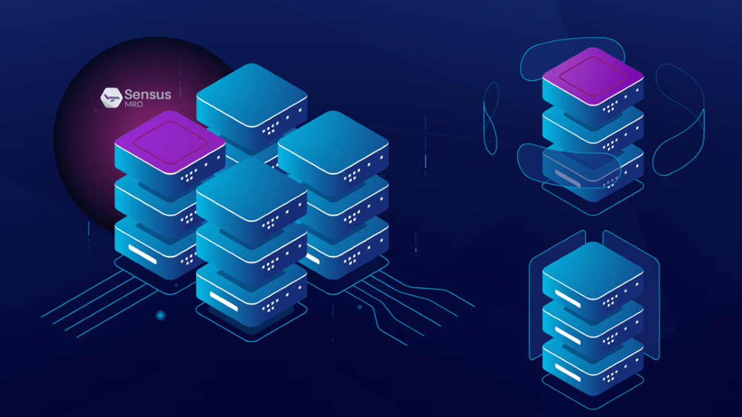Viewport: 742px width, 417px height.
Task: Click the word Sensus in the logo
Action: point(148,95)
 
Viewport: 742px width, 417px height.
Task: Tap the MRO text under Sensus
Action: point(134,104)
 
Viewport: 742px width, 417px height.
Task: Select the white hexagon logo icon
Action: point(111,98)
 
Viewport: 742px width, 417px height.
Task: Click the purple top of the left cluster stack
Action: point(170,142)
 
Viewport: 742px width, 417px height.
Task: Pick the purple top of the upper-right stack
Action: point(593,77)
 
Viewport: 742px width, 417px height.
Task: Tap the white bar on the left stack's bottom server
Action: point(142,254)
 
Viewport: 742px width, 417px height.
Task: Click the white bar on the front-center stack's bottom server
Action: point(224,301)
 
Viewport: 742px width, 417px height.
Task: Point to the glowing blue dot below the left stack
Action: point(161,316)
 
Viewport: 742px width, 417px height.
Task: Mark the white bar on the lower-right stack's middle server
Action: point(568,335)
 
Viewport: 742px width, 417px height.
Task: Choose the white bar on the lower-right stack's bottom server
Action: point(568,373)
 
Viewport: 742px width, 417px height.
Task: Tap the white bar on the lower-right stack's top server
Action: point(568,298)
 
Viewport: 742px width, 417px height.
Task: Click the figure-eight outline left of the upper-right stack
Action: point(491,118)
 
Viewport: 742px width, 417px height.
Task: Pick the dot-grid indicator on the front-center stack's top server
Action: point(270,224)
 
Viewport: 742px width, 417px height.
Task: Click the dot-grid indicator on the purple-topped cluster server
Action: point(189,175)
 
